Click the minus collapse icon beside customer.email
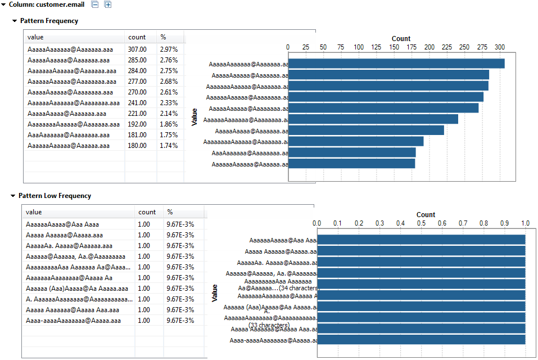pos(95,4)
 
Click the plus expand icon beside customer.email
pos(107,4)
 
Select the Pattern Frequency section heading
pos(49,21)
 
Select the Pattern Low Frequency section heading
pos(55,196)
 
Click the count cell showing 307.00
pos(137,49)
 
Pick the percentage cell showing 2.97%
pos(169,49)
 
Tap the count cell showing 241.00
pos(137,103)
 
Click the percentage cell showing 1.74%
pos(169,146)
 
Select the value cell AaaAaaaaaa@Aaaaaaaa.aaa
pos(68,135)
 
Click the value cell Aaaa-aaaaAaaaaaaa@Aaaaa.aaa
pos(73,321)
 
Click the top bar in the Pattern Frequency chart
pos(396,64)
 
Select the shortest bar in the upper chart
pos(352,164)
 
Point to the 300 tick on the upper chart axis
pos(499,47)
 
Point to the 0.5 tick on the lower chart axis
pos(421,223)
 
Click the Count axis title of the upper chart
pos(401,39)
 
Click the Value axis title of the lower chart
pos(214,292)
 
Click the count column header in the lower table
pos(147,212)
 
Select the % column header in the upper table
pos(163,37)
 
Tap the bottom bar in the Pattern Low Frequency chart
pos(421,340)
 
